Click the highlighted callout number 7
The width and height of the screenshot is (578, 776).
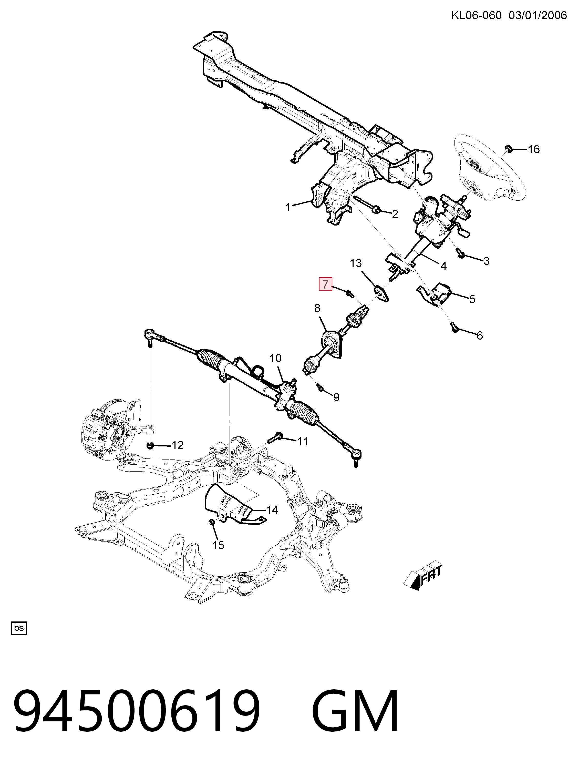click(x=325, y=284)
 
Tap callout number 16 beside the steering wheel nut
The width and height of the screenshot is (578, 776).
click(x=534, y=149)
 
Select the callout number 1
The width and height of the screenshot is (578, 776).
click(x=288, y=208)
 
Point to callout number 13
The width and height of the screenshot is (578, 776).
click(x=356, y=263)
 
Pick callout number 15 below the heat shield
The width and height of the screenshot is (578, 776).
click(x=218, y=545)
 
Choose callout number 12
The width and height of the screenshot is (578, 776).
click(x=178, y=445)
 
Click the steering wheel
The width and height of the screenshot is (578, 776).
click(x=490, y=168)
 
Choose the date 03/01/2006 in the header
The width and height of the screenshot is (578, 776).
click(x=538, y=15)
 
